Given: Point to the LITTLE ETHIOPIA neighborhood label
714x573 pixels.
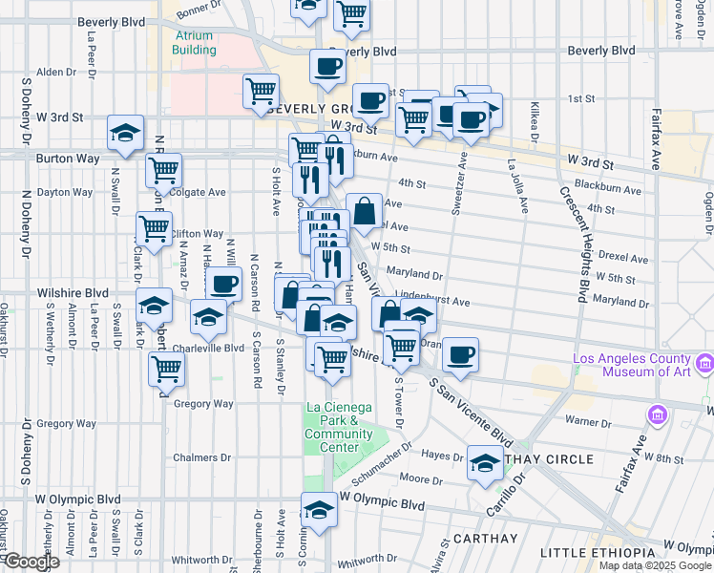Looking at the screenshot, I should click(x=598, y=553).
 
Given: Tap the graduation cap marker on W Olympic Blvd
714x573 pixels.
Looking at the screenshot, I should click(x=319, y=509).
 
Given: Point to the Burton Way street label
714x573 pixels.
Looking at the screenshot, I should click(x=63, y=159).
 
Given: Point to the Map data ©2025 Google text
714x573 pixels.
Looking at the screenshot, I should click(x=655, y=565).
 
